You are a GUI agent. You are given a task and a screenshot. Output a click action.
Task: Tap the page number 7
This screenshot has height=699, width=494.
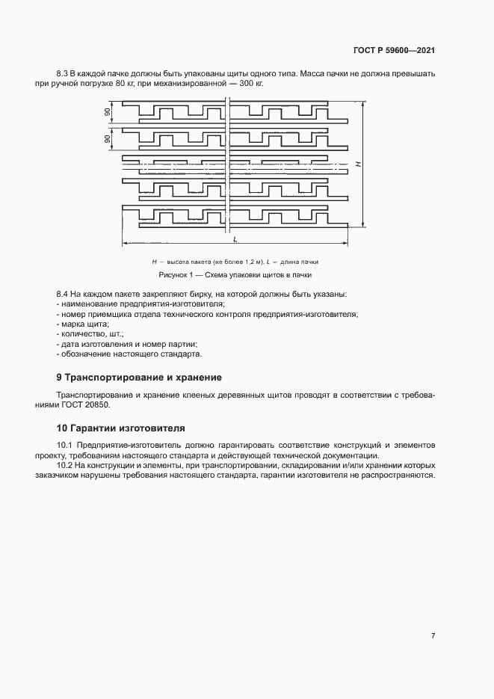(x=433, y=635)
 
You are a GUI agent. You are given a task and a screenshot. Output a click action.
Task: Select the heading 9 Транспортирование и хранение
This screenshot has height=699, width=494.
(x=140, y=377)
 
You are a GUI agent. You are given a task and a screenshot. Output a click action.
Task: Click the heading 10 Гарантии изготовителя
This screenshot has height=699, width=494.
(x=121, y=428)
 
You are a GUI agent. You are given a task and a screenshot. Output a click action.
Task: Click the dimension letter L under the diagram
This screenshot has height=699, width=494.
(x=235, y=238)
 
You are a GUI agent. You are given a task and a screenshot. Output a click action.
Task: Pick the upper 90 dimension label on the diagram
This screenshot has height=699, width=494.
(x=108, y=112)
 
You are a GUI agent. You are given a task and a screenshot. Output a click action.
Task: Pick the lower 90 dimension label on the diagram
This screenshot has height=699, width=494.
(x=108, y=138)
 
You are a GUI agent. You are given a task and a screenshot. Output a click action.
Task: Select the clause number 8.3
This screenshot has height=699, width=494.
(x=63, y=73)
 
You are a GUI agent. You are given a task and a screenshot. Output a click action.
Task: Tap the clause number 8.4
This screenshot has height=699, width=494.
(x=63, y=295)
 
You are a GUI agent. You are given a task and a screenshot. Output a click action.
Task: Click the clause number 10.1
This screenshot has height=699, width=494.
(x=65, y=446)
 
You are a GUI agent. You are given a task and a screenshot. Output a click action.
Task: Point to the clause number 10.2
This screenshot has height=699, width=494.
(x=65, y=465)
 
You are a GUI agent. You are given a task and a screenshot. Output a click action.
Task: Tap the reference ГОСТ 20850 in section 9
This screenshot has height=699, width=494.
(x=89, y=404)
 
